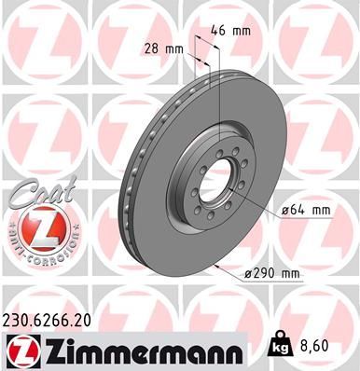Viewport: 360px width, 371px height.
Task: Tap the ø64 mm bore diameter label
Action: coord(305,211)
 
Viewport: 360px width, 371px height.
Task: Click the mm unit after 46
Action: coord(242,30)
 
